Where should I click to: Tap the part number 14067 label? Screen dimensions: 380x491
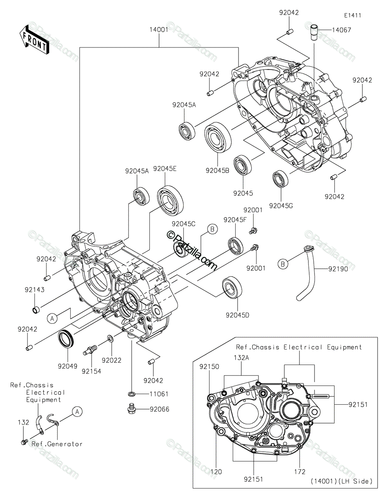pyautogui.click(x=341, y=30)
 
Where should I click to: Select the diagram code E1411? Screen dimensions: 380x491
pyautogui.click(x=353, y=16)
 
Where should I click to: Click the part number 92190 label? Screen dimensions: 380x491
pyautogui.click(x=338, y=269)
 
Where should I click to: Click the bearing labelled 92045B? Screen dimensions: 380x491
pyautogui.click(x=218, y=137)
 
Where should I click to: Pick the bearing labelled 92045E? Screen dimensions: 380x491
pyautogui.click(x=171, y=199)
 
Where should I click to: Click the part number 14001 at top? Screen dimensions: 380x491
pyautogui.click(x=159, y=29)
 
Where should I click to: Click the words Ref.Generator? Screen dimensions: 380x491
pyautogui.click(x=57, y=444)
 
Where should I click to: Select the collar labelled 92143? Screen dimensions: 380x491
pyautogui.click(x=36, y=310)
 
